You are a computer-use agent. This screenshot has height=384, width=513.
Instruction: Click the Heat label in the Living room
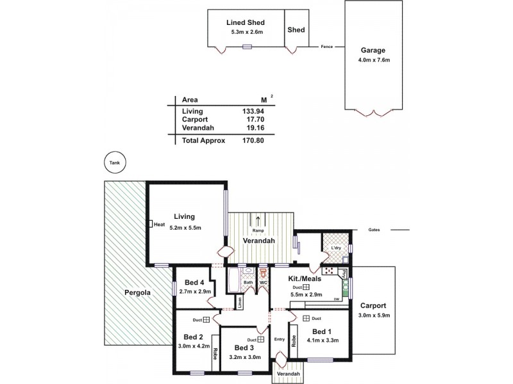coord(158,225)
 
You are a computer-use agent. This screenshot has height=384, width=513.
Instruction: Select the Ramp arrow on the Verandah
coord(258,221)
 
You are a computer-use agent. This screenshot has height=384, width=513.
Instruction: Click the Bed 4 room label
coord(194,283)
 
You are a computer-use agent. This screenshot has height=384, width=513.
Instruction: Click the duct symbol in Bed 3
coord(261,339)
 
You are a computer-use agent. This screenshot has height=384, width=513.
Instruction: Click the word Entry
coord(279,339)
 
